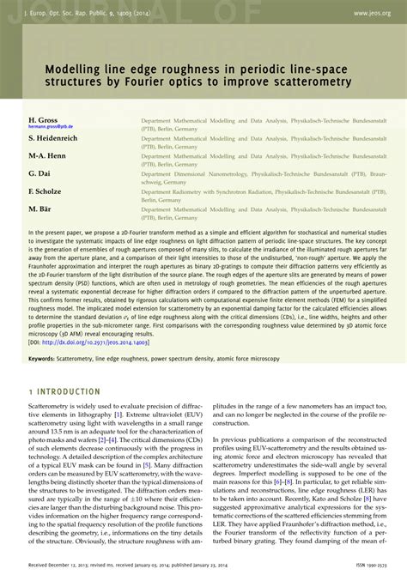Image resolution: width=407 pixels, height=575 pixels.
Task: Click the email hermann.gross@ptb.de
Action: click(x=50, y=128)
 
